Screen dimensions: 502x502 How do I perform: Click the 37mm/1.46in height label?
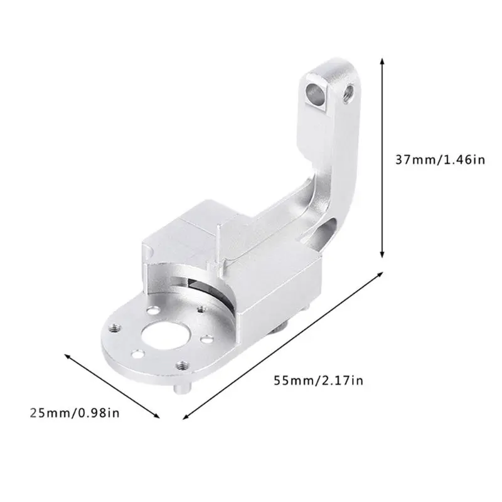(439, 159)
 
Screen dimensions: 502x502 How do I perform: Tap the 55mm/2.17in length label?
(319, 380)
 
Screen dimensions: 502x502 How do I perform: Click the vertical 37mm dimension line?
(382, 157)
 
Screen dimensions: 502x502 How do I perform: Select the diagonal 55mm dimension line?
(282, 346)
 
